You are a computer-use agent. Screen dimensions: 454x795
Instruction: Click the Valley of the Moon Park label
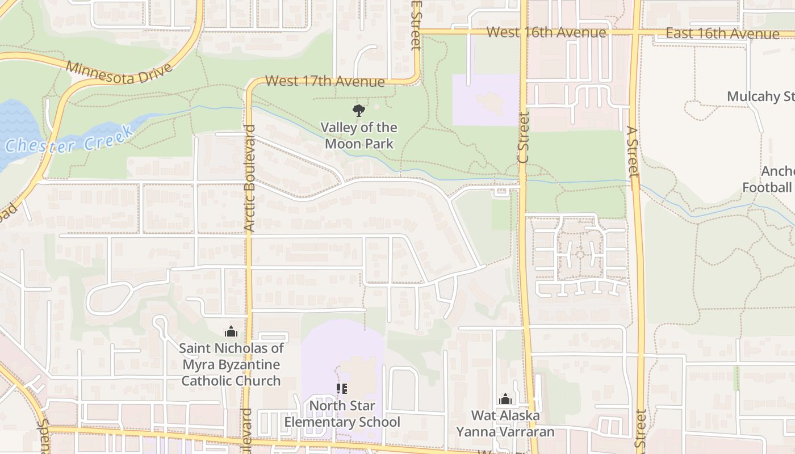point(358,136)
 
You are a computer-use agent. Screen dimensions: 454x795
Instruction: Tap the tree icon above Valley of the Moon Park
point(358,110)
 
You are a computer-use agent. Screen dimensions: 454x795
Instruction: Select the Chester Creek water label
point(69,140)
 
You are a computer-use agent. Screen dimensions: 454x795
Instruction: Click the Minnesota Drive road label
point(119,71)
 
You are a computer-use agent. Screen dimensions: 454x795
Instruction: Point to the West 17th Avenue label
point(325,81)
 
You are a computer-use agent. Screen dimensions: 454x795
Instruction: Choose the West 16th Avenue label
point(546,32)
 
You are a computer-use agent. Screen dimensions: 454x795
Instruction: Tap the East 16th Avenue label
point(722,33)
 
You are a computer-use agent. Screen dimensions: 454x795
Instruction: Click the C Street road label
point(524,137)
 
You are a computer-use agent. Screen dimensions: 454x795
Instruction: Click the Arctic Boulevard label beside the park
point(249,178)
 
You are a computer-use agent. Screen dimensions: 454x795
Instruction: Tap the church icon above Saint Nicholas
point(231,331)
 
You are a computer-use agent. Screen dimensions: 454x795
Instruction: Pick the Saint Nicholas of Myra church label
point(231,364)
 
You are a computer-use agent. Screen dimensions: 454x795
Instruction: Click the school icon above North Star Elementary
point(341,389)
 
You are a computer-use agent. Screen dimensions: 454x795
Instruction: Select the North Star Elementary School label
point(342,414)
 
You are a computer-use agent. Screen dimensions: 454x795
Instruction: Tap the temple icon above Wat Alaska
point(505,399)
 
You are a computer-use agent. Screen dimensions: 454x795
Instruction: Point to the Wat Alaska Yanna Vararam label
point(505,423)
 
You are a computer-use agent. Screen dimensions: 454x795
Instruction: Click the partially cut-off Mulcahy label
point(761,96)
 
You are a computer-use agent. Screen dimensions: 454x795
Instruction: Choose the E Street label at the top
point(416,25)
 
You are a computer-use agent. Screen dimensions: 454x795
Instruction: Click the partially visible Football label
point(767,187)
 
